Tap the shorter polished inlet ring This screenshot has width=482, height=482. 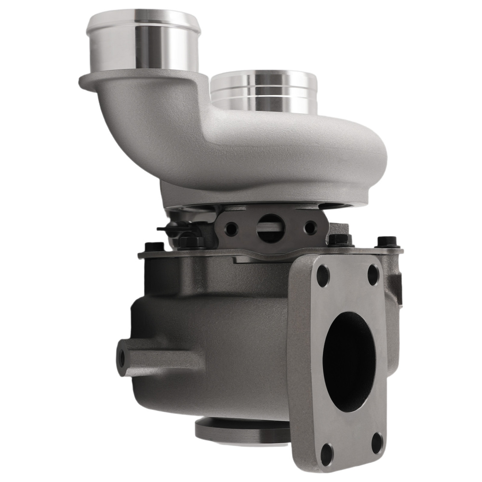tap(264, 92)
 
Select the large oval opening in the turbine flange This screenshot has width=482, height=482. tap(348, 361)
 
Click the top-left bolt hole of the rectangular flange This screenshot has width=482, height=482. tap(322, 276)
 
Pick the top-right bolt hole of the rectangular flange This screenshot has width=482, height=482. tap(373, 274)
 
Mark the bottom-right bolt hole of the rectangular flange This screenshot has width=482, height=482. tap(377, 442)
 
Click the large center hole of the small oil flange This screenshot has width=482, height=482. tap(270, 228)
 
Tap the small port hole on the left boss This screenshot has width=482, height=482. tap(121, 357)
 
